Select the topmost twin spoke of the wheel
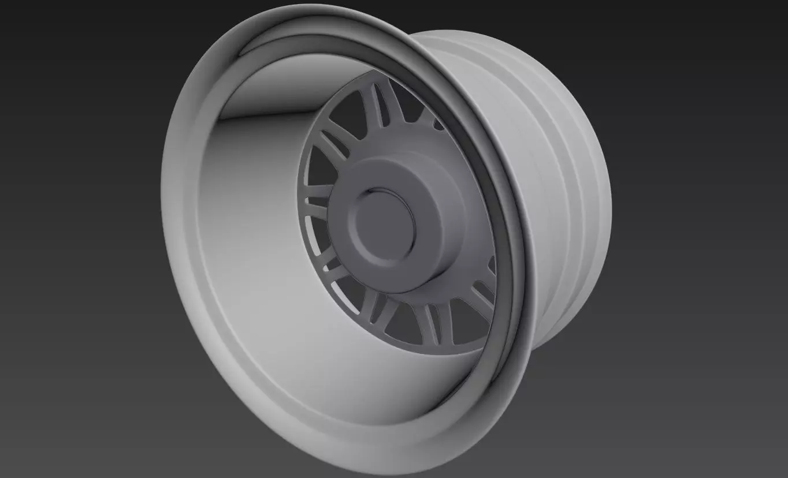point(379,107)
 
